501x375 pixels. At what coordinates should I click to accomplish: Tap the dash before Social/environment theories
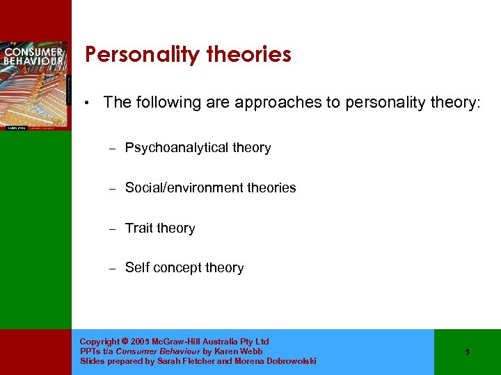tap(110, 187)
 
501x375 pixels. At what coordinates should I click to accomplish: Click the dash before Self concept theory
tap(110, 268)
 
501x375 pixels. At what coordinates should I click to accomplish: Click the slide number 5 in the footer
tap(468, 352)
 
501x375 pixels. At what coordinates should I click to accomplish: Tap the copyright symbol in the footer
tap(124, 342)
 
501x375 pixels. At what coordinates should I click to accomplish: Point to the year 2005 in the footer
tap(139, 342)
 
